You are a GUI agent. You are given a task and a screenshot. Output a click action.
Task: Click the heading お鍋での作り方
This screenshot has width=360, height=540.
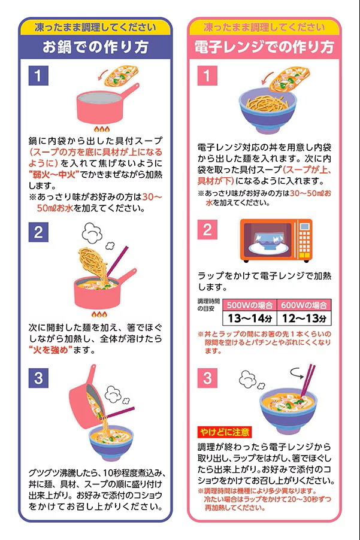pos(95,47)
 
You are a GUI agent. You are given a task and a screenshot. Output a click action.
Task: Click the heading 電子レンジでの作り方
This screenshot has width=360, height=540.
pos(264,47)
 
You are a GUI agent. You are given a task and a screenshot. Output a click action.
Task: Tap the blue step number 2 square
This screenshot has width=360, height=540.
pos(38,232)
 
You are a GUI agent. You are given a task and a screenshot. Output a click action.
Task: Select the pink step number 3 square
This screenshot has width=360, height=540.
pos(207,378)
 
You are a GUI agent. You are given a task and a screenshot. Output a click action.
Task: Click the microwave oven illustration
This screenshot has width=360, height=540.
pos(276,241)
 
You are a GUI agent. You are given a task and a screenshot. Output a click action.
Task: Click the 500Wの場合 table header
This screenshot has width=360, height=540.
pos(250,305)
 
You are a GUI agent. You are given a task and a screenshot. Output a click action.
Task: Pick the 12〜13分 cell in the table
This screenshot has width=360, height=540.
pos(304,318)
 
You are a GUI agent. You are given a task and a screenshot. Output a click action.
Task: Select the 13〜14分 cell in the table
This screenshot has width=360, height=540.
pos(250,318)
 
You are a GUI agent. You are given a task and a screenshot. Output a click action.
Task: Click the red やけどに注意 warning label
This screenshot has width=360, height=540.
pos(225,432)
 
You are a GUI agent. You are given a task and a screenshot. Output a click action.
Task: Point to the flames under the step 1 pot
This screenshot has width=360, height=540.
pos(102,129)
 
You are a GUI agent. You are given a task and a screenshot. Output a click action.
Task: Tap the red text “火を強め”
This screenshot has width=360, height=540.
pos(51,350)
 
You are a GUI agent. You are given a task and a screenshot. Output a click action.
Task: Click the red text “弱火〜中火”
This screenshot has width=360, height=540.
pos(54,174)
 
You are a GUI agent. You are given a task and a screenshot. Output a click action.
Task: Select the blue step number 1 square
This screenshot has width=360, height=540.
pos(38,76)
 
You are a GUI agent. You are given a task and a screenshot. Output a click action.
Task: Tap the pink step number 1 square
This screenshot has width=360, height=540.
pos(207,76)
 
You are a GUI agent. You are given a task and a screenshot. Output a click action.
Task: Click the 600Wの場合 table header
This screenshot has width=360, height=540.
pos(304,305)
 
